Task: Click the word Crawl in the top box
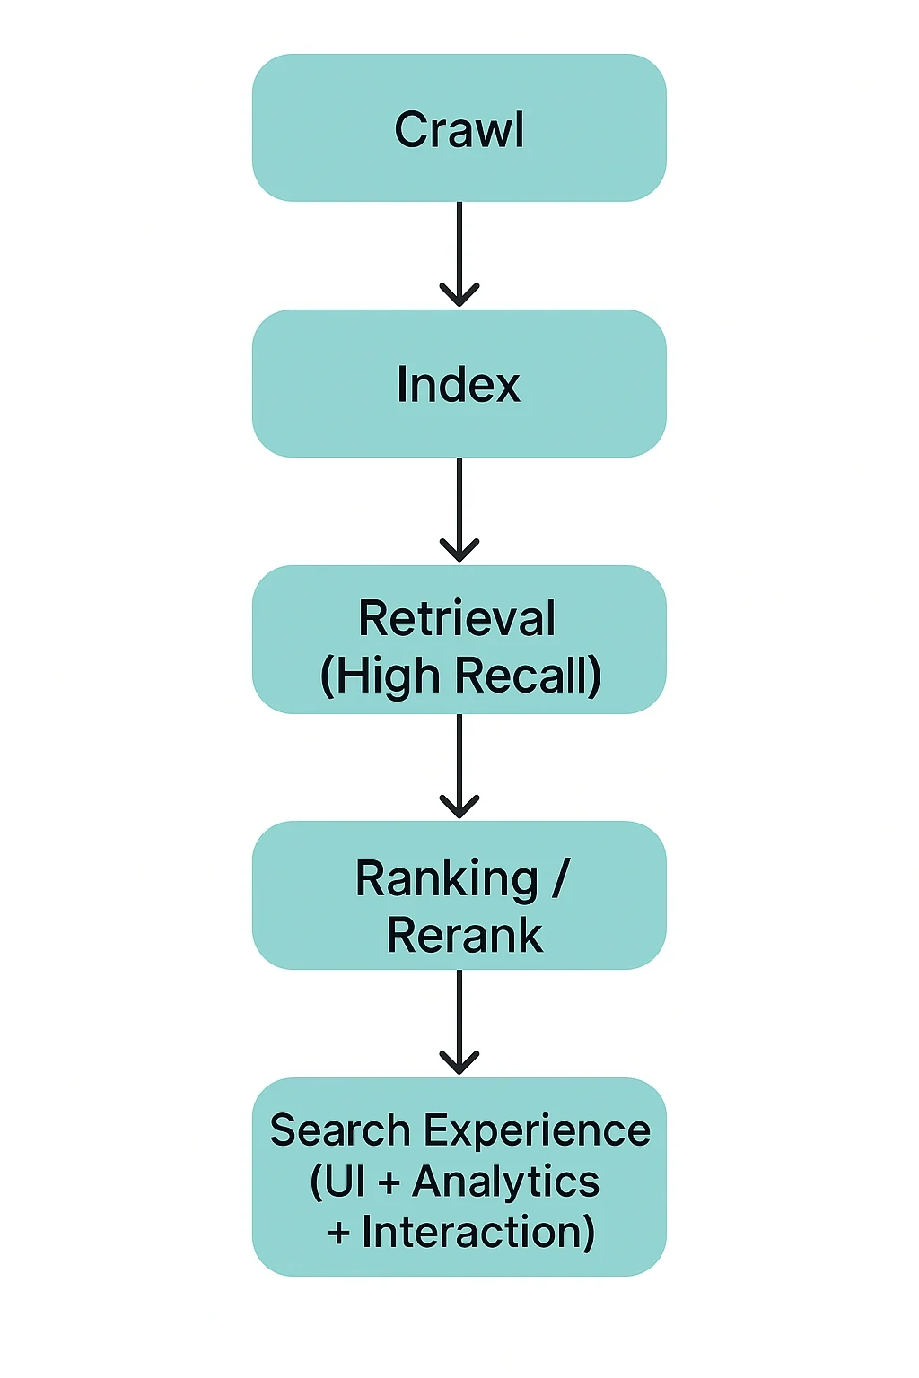point(459,130)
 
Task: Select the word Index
point(459,385)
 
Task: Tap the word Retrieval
point(457,618)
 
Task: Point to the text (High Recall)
point(460,676)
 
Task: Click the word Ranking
point(446,878)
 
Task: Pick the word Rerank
point(464,936)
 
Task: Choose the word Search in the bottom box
point(339,1130)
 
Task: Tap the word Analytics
point(506,1182)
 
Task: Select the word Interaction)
point(478,1232)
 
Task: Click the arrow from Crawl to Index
point(459,251)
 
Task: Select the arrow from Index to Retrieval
point(459,508)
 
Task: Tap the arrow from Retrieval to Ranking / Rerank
point(459,763)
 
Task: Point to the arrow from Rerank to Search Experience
point(459,1020)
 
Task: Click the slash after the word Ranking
point(561,878)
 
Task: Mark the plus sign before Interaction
point(338,1234)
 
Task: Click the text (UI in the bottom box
point(337,1182)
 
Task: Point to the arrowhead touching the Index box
point(459,295)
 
